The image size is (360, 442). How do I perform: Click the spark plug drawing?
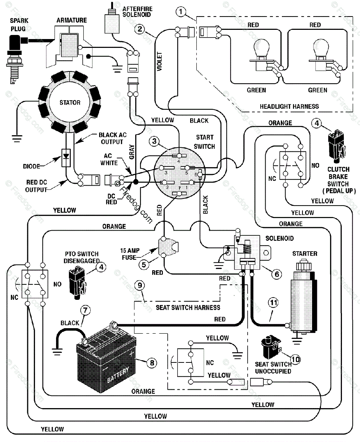(x=14, y=59)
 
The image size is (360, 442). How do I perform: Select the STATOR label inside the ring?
(x=70, y=102)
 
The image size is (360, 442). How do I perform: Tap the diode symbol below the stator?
(x=66, y=158)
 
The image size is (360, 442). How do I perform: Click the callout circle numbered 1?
(x=181, y=12)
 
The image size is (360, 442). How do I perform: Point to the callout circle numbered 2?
(x=140, y=29)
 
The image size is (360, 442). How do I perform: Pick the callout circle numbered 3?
(x=154, y=141)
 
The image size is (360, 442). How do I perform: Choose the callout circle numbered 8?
(x=152, y=363)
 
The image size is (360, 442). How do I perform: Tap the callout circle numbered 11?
(x=273, y=302)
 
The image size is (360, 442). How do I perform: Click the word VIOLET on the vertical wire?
(x=159, y=62)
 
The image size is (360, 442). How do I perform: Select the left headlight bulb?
(x=262, y=55)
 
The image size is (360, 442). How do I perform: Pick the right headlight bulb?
(x=321, y=55)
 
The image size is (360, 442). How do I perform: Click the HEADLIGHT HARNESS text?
(x=289, y=106)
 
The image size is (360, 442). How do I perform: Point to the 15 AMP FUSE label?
(x=130, y=254)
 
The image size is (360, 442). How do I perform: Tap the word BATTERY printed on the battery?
(x=118, y=375)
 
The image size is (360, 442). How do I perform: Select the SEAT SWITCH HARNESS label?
(x=188, y=307)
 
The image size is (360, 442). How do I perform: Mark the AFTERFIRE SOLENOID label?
(x=137, y=12)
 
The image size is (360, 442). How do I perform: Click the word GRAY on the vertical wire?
(x=132, y=152)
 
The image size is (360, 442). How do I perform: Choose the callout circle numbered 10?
(x=296, y=359)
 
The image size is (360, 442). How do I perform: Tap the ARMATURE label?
(x=71, y=20)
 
